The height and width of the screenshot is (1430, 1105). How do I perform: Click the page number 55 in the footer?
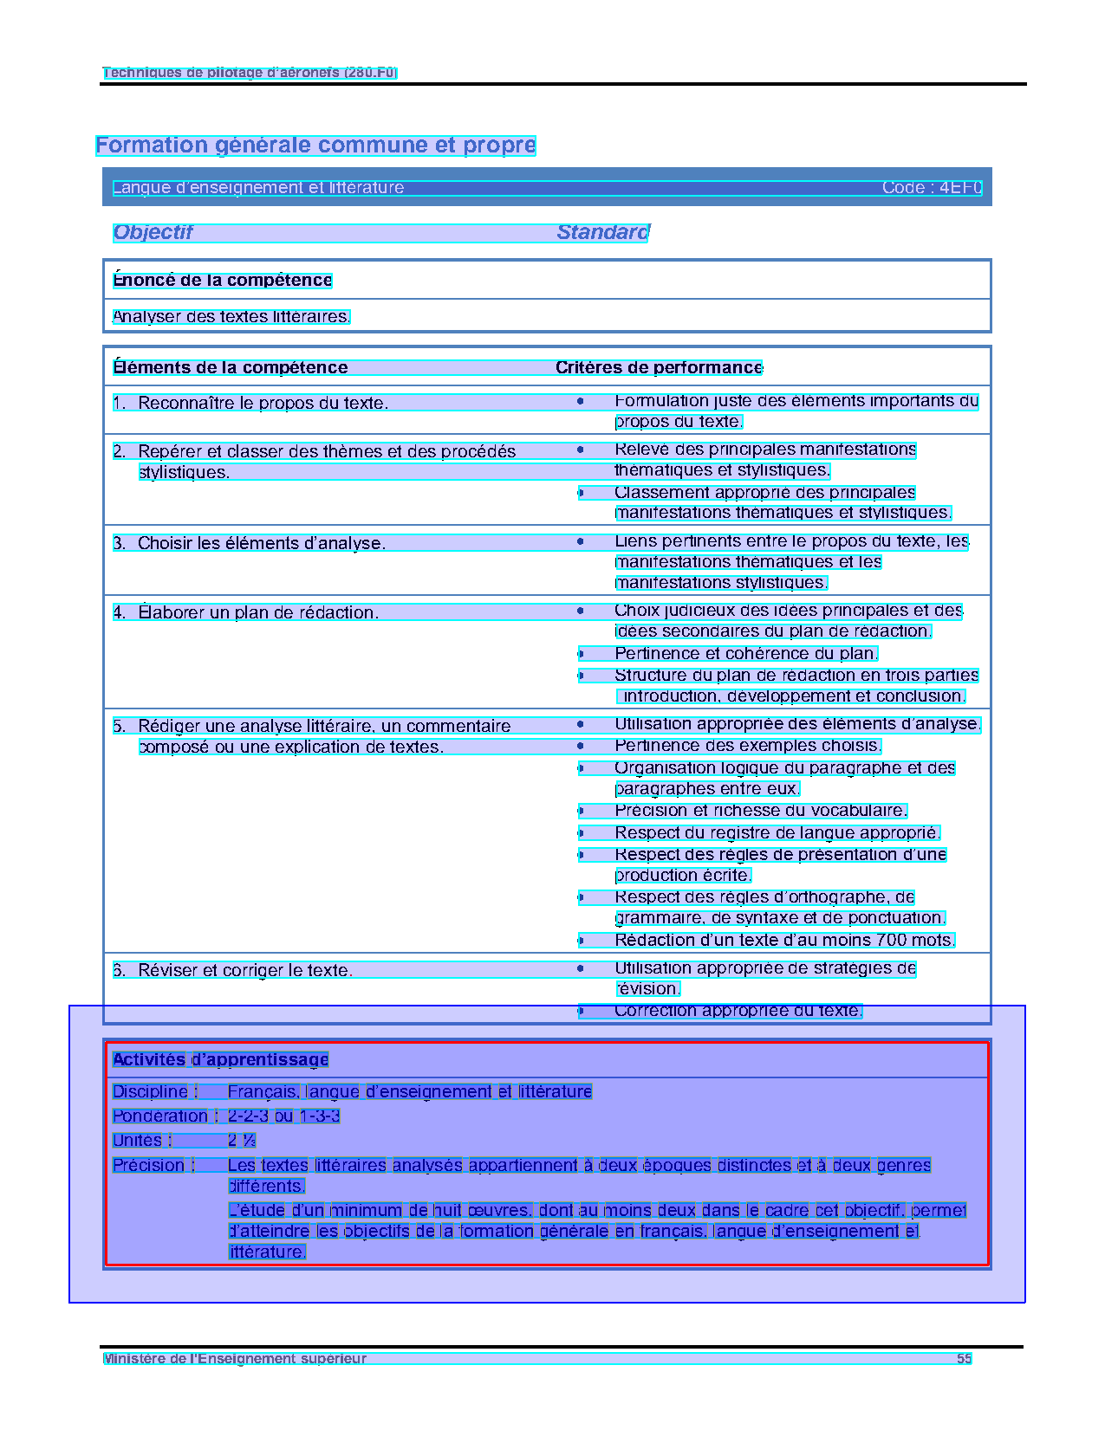click(964, 1358)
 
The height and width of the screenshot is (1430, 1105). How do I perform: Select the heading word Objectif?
click(153, 232)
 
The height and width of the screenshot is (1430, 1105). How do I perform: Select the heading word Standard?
click(602, 232)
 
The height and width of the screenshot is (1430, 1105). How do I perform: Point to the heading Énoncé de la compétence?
click(223, 280)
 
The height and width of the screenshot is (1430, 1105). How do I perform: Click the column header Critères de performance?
click(659, 367)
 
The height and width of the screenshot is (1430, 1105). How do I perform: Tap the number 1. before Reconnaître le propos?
click(120, 403)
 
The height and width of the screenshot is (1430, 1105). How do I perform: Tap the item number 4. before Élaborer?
click(120, 612)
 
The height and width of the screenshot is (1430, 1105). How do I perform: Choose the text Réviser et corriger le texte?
click(245, 970)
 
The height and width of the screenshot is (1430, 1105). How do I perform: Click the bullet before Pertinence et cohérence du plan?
click(581, 654)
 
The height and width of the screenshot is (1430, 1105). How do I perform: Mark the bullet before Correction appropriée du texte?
click(581, 1011)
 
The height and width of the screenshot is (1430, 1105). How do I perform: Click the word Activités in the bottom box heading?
click(149, 1059)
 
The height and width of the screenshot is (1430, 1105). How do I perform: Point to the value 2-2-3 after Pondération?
click(248, 1116)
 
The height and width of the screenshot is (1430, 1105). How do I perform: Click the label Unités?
click(138, 1140)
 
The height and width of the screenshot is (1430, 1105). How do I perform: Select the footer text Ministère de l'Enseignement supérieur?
click(235, 1358)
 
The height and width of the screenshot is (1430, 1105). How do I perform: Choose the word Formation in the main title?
click(140, 146)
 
